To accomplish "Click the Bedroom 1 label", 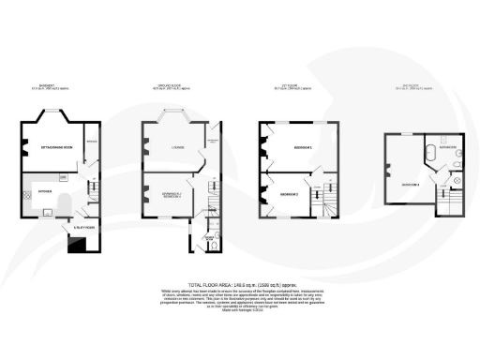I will click(301, 148).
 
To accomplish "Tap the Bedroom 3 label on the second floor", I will click(412, 182).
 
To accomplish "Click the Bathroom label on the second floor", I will click(445, 147).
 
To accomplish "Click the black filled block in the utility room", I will click(74, 246).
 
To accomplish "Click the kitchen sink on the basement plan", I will click(43, 212).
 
